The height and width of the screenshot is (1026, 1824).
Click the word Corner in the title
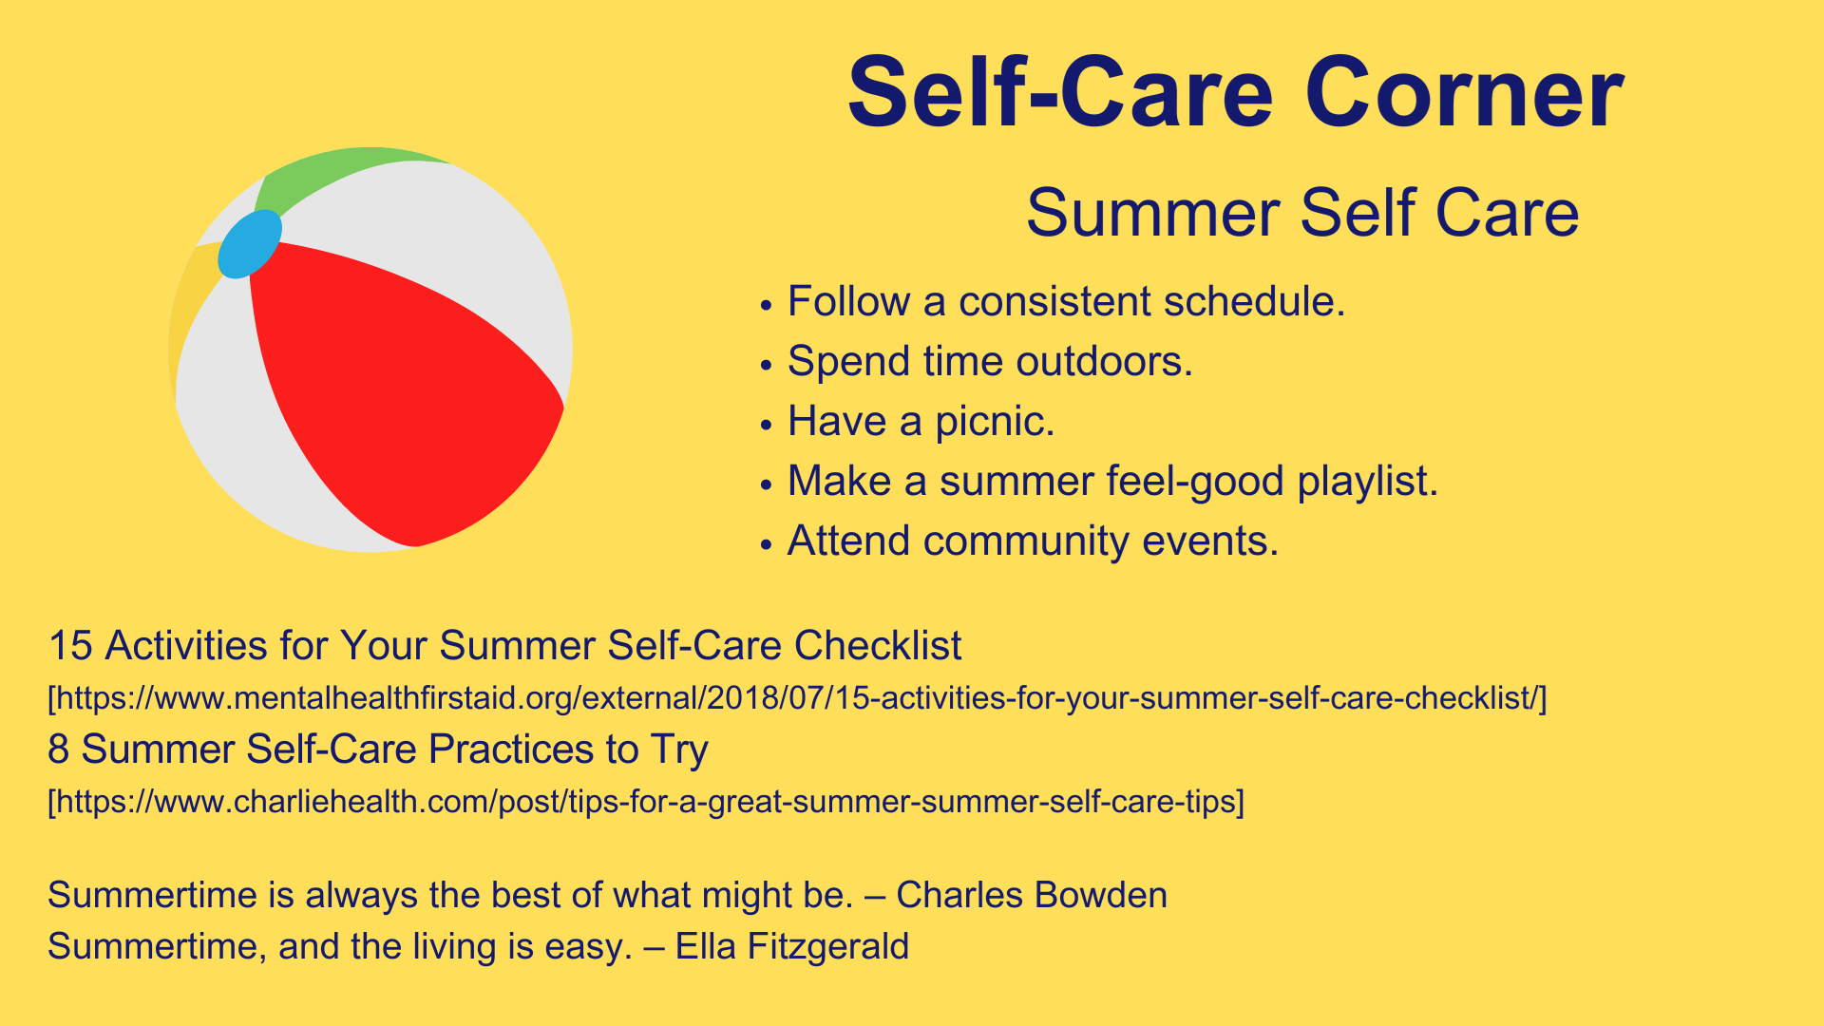[1464, 93]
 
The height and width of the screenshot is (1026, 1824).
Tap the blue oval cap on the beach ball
[250, 244]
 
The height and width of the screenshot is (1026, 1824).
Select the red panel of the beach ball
[399, 389]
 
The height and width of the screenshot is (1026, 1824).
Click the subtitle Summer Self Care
[1302, 212]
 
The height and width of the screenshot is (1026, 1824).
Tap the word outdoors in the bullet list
[1104, 361]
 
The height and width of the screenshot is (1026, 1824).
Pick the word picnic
[995, 421]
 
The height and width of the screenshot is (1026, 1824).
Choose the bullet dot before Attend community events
[767, 544]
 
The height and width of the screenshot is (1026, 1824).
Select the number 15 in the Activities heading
[70, 646]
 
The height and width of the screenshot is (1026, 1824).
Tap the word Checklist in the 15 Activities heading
[878, 646]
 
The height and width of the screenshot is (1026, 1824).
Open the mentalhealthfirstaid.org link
[797, 698]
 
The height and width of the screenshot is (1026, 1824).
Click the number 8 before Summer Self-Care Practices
[59, 750]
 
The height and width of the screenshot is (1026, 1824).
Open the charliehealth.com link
[646, 802]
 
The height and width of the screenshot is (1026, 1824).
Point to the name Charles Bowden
[1032, 895]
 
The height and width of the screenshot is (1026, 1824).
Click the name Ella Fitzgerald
[792, 946]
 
